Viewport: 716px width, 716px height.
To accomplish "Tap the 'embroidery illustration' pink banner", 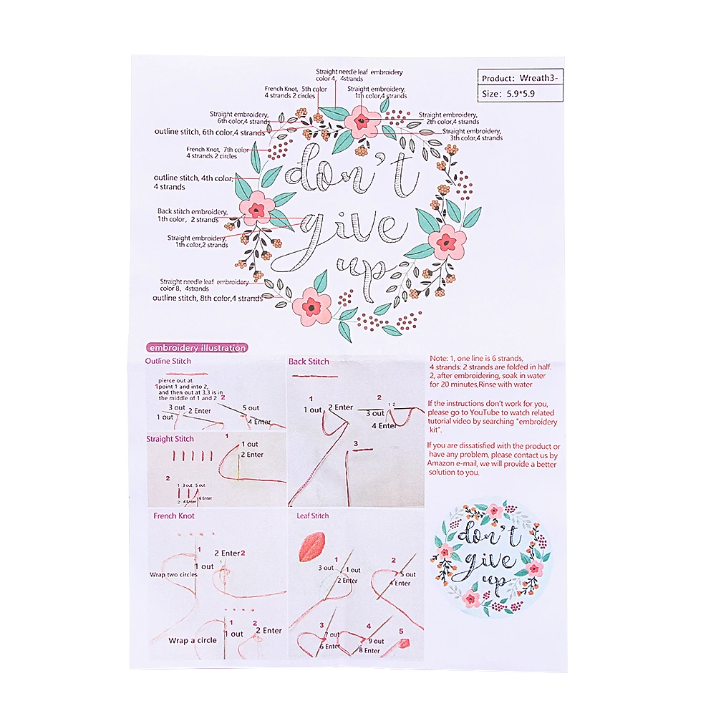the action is click(x=196, y=348).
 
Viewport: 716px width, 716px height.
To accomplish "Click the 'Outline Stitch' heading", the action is click(x=168, y=361).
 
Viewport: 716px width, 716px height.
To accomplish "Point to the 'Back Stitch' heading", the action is click(x=309, y=362).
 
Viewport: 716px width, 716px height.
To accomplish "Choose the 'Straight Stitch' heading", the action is click(x=170, y=439).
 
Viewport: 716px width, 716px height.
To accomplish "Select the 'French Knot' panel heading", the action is click(x=174, y=516).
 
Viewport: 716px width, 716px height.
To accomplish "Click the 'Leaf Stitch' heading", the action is click(x=313, y=516).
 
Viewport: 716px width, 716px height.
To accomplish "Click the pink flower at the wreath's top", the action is click(x=361, y=120).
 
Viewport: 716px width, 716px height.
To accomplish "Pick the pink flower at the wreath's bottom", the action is click(x=311, y=305).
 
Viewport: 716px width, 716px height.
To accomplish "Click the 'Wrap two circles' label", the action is click(x=173, y=574).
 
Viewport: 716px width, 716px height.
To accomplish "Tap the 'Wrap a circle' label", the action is click(x=193, y=640).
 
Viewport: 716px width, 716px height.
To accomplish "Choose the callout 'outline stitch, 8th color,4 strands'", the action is click(x=207, y=298).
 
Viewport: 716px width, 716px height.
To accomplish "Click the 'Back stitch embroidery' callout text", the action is click(x=192, y=211).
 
